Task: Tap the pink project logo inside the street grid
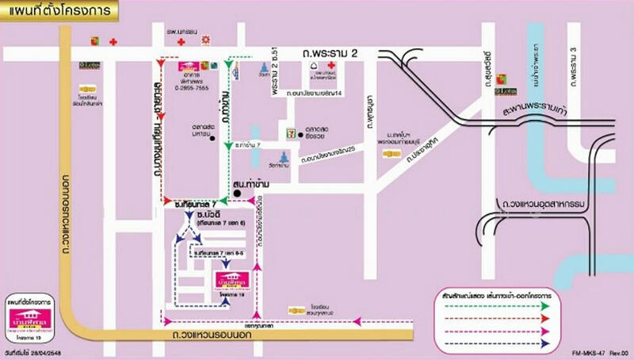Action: (x=233, y=281)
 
